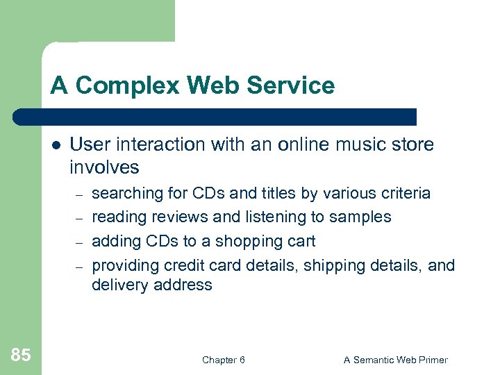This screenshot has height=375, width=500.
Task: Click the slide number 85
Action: tap(21, 356)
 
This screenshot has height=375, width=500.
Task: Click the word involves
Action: tap(104, 167)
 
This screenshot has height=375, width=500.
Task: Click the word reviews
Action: tap(181, 217)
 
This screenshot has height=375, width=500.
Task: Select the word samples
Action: tap(361, 217)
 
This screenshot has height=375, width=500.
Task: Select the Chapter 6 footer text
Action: tap(223, 360)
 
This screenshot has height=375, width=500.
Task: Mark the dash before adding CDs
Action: tap(79, 242)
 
